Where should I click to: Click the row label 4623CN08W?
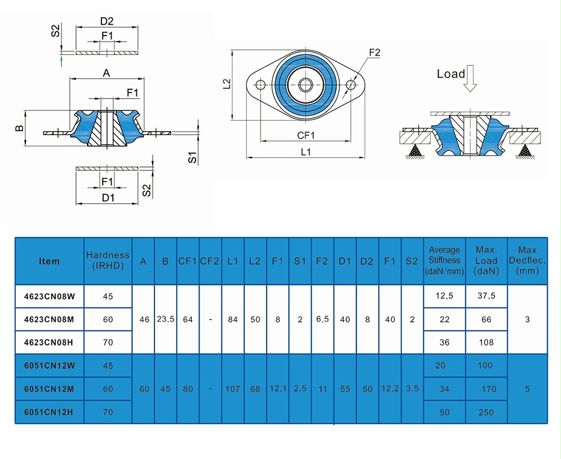click(49, 297)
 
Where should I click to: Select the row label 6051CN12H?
click(49, 413)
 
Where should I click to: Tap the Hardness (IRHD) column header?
click(108, 261)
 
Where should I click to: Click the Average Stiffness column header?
click(445, 261)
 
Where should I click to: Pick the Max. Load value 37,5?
click(486, 297)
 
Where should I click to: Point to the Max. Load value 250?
click(486, 413)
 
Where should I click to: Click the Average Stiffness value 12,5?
click(445, 297)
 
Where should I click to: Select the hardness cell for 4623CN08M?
click(108, 320)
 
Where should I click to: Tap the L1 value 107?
click(233, 389)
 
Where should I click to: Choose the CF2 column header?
click(210, 261)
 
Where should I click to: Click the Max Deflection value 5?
click(527, 389)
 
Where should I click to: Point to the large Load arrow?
click(471, 78)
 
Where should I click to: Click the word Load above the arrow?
click(451, 74)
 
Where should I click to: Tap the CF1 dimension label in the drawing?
click(306, 136)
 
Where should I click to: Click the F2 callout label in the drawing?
click(374, 53)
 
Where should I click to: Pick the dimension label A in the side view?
click(106, 73)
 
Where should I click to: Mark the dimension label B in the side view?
click(19, 128)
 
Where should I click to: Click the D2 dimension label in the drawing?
click(107, 22)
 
